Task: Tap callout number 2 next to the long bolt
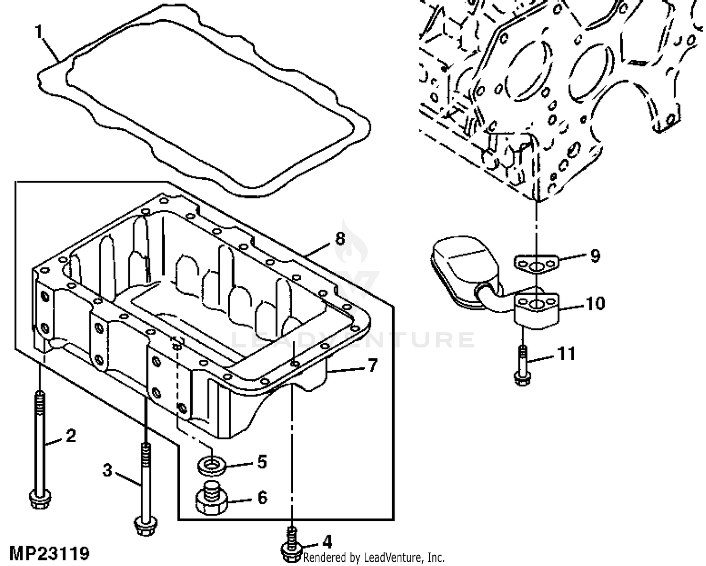pyautogui.click(x=71, y=436)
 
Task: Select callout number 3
pyautogui.click(x=108, y=469)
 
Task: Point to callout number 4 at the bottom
pyautogui.click(x=327, y=542)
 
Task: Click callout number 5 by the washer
pyautogui.click(x=262, y=462)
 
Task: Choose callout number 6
pyautogui.click(x=262, y=497)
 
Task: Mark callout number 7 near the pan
pyautogui.click(x=372, y=365)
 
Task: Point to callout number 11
pyautogui.click(x=566, y=353)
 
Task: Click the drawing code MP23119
pyautogui.click(x=49, y=553)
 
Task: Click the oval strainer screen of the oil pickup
pyautogui.click(x=458, y=273)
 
